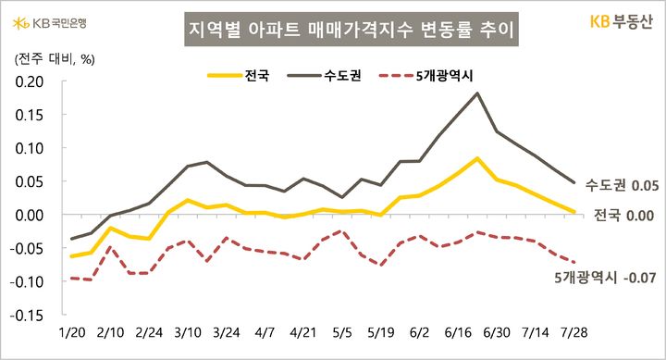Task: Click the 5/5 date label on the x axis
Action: [341, 332]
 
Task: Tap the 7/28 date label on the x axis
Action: [573, 332]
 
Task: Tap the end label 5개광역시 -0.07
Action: [607, 276]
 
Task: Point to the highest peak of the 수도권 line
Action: [477, 93]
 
